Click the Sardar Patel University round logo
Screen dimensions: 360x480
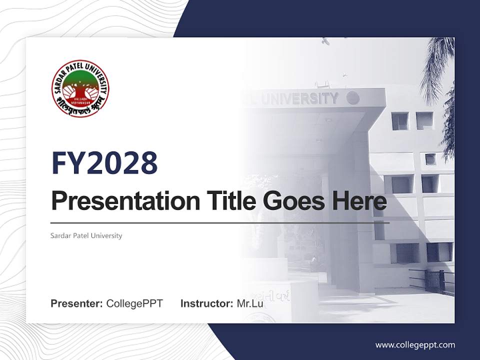80,88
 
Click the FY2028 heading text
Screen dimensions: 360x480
104,163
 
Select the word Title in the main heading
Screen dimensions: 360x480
227,201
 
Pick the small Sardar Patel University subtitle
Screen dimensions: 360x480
86,235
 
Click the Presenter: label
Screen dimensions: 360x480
77,303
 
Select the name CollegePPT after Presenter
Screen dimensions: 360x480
134,303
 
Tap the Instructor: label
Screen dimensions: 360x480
206,303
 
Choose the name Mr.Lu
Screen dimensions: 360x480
250,303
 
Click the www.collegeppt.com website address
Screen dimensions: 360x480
415,344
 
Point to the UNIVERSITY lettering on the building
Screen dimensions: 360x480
300,98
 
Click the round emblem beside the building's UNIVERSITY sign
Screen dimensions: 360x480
353,98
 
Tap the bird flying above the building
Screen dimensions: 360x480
326,41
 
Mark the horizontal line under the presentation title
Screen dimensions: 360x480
220,222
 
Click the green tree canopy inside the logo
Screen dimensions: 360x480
80,80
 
